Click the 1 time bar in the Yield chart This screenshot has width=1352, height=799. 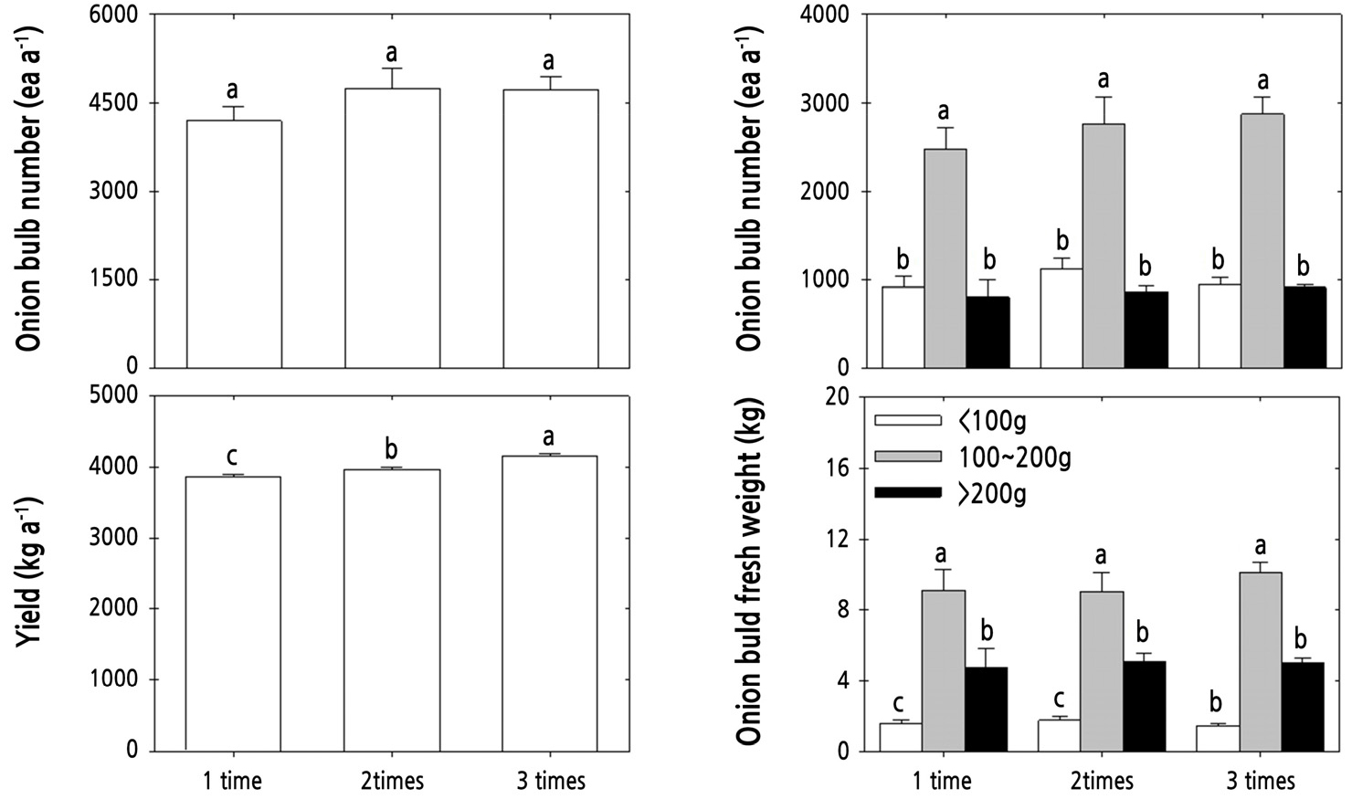233,613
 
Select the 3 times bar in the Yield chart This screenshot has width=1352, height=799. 550,603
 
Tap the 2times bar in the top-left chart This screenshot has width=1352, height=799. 392,228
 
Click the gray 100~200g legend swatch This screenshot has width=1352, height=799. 907,457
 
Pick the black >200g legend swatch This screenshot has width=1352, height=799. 907,493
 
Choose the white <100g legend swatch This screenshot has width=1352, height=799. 907,420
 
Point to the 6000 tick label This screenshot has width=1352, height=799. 114,16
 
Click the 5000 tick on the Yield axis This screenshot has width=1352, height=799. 114,396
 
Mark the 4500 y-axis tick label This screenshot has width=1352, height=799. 114,103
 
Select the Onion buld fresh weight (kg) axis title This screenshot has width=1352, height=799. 749,573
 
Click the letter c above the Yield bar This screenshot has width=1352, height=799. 232,456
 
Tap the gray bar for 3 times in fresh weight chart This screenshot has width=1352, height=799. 1261,662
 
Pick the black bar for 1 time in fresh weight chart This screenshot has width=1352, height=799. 986,710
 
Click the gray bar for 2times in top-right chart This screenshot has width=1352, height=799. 1104,246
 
